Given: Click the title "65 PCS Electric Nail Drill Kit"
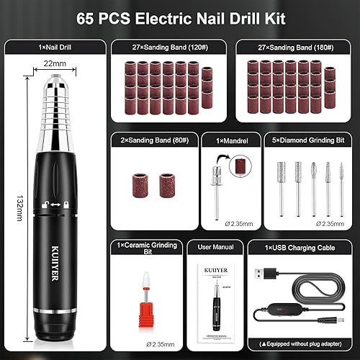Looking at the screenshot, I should [x=180, y=16].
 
